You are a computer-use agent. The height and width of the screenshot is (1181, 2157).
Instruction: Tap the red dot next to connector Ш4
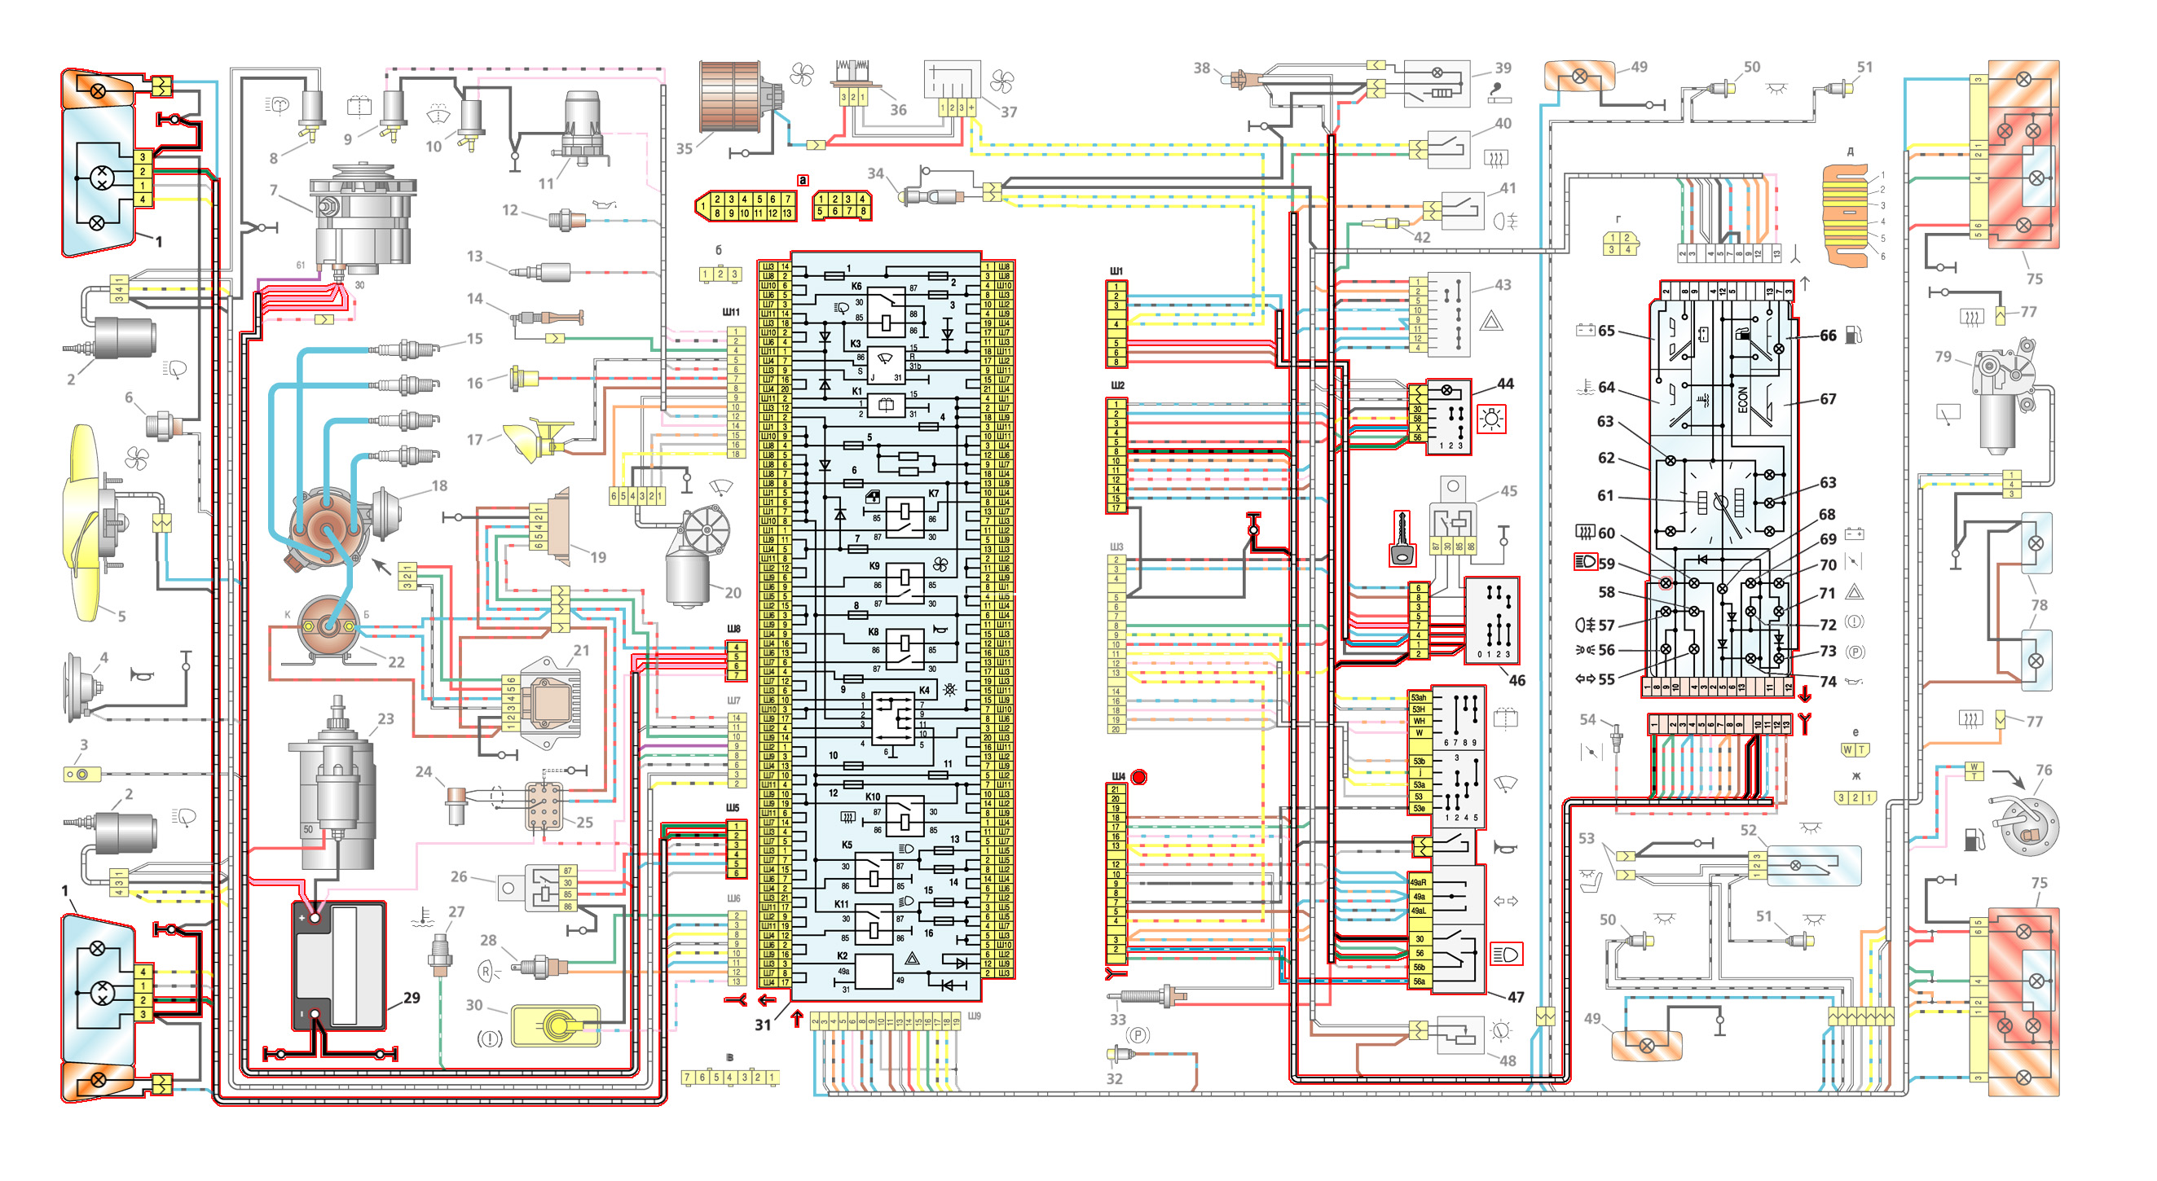click(x=1138, y=778)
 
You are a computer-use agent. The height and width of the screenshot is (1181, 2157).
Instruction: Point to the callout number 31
click(x=763, y=1025)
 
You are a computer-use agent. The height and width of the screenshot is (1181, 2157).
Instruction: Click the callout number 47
click(x=1517, y=997)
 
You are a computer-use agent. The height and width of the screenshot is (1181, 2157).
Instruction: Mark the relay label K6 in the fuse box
click(x=856, y=286)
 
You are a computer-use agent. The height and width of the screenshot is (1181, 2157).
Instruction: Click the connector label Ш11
click(x=731, y=312)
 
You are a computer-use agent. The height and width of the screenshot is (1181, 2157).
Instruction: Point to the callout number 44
click(x=1506, y=384)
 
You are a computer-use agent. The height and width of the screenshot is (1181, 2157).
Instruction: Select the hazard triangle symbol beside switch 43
click(x=1490, y=322)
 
